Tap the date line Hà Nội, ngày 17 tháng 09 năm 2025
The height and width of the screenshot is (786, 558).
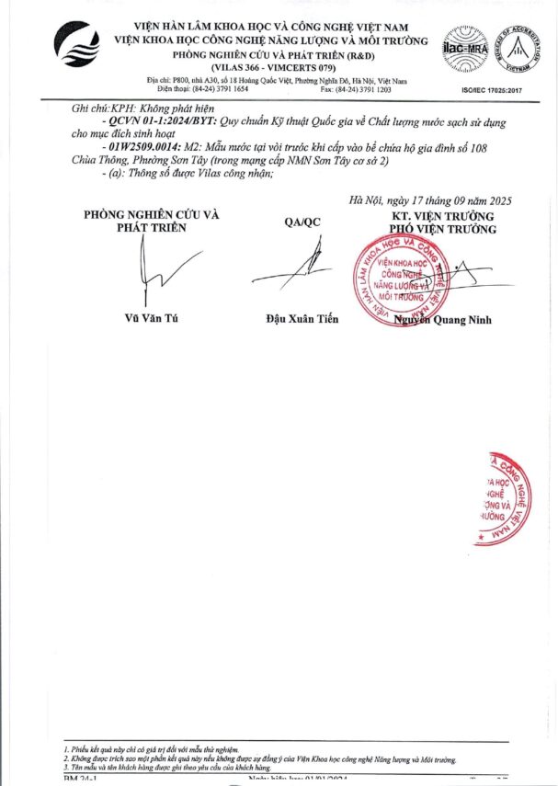coord(430,200)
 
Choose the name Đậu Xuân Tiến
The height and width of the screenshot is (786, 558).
coord(302,319)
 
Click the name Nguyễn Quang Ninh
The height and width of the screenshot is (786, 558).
coord(443,319)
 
